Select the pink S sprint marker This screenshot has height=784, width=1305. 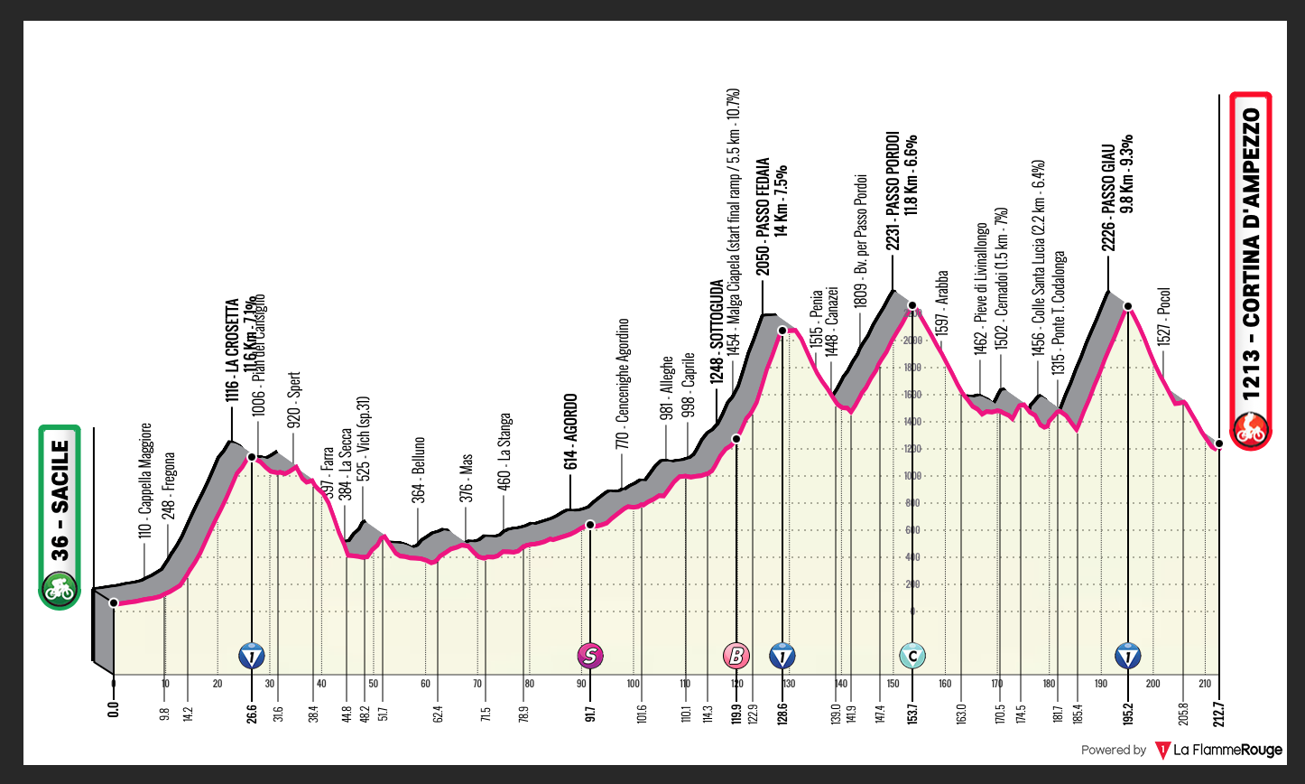pos(591,655)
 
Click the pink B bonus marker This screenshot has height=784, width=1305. pos(736,655)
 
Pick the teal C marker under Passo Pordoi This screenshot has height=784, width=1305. pos(912,655)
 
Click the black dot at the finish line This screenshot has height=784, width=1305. pos(1218,443)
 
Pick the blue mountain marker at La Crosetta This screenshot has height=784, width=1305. pos(252,655)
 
